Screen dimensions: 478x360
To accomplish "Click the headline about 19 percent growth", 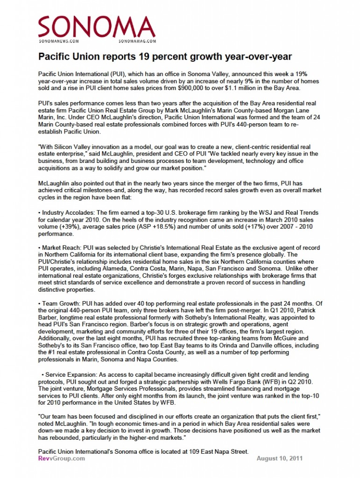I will coord(165,57).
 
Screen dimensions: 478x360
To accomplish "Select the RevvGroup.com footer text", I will coord(62,458).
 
